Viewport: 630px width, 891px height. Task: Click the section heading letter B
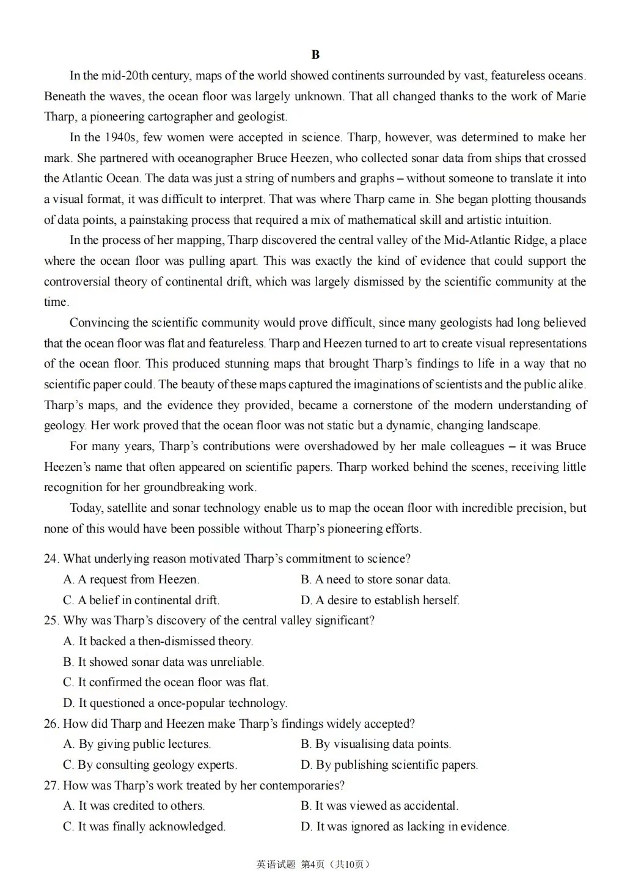tap(315, 55)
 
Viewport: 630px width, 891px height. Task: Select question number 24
tap(51, 559)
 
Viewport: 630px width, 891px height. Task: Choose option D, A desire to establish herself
tap(380, 601)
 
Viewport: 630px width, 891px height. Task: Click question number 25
tap(51, 621)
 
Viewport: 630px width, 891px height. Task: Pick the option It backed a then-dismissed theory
tap(158, 641)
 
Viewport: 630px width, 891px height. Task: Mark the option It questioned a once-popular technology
tap(175, 703)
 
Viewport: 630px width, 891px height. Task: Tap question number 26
tap(51, 724)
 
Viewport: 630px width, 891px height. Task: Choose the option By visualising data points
tap(376, 744)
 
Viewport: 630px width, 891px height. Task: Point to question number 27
tap(51, 786)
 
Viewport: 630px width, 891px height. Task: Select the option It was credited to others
tap(134, 806)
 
